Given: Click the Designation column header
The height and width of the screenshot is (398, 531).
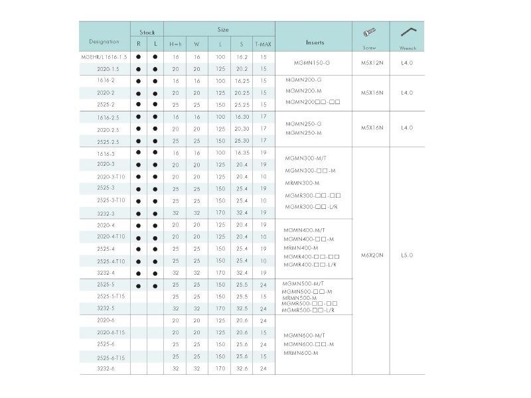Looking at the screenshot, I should click(104, 42).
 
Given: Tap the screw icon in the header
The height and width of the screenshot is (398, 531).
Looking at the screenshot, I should click(370, 33).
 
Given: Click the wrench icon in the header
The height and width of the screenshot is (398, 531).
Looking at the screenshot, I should click(407, 33).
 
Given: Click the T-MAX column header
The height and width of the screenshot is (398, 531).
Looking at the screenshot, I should click(264, 44).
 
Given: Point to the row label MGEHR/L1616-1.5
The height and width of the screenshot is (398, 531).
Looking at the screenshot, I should click(104, 57).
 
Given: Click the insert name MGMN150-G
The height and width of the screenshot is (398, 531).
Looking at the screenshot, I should click(311, 63).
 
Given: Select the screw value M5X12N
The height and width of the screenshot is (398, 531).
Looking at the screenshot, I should click(370, 63).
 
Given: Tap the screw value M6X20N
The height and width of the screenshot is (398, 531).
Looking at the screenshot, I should click(370, 255).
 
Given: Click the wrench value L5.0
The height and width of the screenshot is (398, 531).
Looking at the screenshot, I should click(407, 255).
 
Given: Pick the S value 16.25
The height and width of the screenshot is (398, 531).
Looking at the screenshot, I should click(241, 81).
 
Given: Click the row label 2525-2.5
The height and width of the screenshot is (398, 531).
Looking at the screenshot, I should click(107, 141).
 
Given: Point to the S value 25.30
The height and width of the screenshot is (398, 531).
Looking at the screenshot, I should click(241, 141).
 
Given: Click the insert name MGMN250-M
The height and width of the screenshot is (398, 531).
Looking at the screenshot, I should click(303, 133).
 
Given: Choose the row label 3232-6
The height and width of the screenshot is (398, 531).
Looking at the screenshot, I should click(106, 368).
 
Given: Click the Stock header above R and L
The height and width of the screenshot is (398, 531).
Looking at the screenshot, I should click(147, 31).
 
